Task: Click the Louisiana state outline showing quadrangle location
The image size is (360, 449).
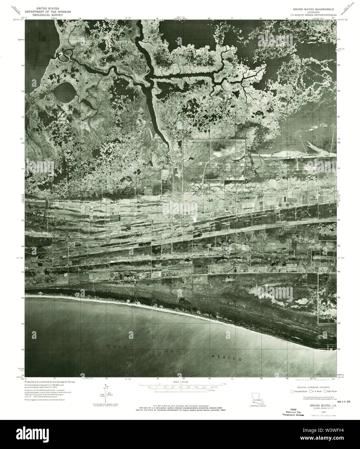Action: point(258,399)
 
